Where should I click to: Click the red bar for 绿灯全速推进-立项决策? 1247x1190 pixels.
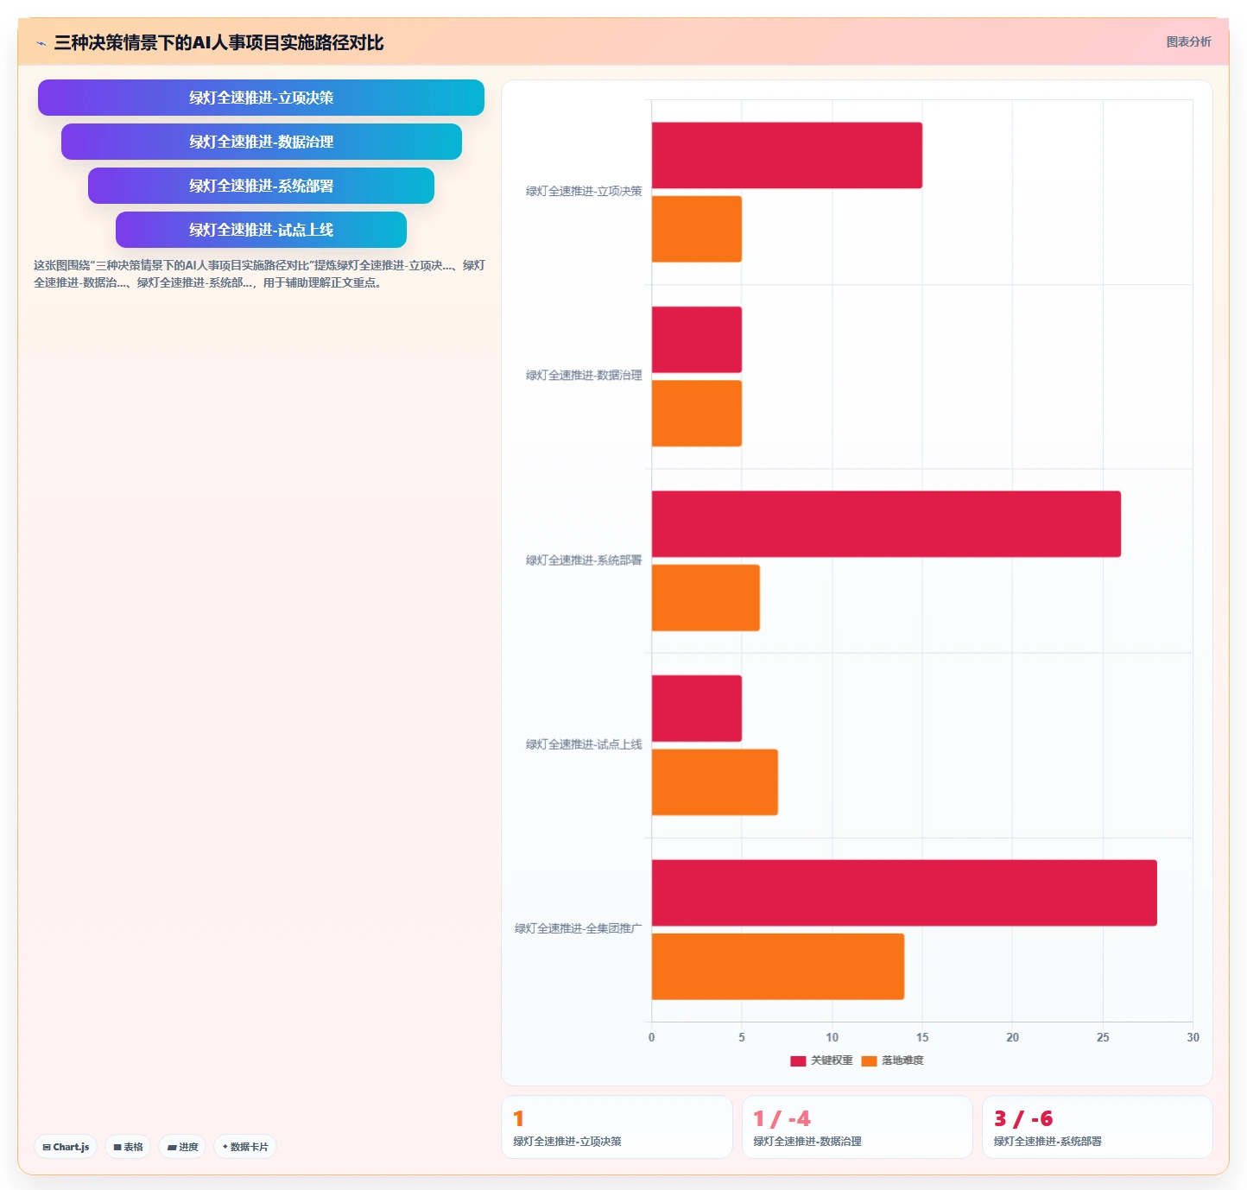tap(787, 155)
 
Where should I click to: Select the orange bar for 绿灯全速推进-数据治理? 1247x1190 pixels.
tap(696, 414)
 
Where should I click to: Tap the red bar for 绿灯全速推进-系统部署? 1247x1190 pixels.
tap(886, 524)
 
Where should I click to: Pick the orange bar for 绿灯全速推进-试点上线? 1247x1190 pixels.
tap(715, 782)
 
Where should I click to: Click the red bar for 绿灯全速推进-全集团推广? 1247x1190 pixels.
tap(904, 893)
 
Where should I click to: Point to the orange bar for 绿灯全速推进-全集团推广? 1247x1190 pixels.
tap(778, 966)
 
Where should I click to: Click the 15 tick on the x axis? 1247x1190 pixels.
tap(922, 1037)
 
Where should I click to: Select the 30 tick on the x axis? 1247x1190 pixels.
tap(1193, 1037)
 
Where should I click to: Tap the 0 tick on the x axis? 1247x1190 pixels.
tap(651, 1037)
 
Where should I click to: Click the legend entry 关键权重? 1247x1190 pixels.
tap(822, 1060)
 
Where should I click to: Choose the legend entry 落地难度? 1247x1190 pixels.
tap(892, 1060)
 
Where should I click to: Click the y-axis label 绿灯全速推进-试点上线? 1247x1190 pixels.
tap(584, 744)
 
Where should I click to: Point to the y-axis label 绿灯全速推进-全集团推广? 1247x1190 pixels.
tap(578, 928)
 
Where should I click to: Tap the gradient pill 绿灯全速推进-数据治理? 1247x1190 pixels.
tap(262, 142)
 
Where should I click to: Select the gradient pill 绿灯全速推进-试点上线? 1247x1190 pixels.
tap(262, 230)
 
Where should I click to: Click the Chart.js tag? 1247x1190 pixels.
tap(66, 1147)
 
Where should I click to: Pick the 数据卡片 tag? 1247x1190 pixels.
tap(245, 1147)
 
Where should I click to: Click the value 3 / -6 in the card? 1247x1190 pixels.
tap(1023, 1118)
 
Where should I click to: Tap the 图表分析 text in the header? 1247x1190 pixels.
tap(1188, 41)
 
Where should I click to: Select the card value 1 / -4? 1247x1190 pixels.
tap(782, 1118)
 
